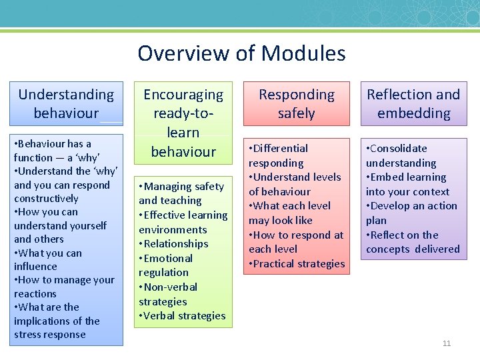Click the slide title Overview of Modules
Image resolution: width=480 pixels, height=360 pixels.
[x=241, y=53]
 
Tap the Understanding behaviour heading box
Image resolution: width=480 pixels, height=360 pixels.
[x=66, y=104]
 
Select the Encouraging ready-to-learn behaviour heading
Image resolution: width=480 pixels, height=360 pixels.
[x=183, y=123]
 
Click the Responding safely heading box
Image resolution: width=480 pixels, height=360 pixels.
[x=296, y=104]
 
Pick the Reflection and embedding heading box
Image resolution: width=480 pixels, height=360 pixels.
[x=413, y=104]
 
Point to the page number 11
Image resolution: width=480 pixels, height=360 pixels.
[x=447, y=343]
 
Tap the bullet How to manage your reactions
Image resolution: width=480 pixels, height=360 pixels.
[x=64, y=287]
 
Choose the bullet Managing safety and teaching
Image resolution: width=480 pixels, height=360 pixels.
[x=181, y=193]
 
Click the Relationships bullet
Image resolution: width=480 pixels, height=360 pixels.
[x=176, y=244]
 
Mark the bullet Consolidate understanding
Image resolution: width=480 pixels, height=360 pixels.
[x=401, y=155]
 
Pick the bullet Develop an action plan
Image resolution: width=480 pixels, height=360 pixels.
[x=411, y=213]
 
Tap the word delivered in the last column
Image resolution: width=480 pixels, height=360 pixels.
[x=437, y=249]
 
